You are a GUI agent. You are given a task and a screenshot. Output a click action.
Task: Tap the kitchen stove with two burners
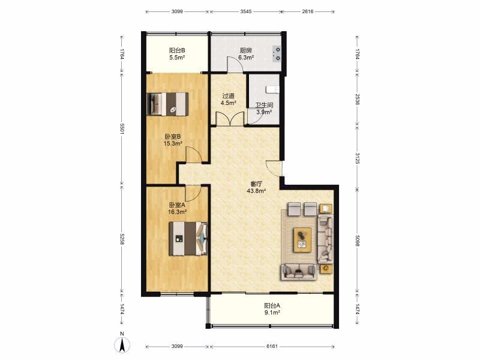[x=277, y=53]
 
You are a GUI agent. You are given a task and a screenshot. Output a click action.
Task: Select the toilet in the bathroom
[x=272, y=89]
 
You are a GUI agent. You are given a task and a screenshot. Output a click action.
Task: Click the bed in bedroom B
[x=167, y=104]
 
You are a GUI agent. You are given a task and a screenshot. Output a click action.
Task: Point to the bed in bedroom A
[x=188, y=238]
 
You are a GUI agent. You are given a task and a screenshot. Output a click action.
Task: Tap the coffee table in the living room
[x=302, y=239]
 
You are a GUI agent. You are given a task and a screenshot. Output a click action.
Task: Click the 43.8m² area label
[x=256, y=191]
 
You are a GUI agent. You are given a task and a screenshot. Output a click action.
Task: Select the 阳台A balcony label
[x=272, y=305]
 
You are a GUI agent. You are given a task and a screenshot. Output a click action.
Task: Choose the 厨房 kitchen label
[x=245, y=50]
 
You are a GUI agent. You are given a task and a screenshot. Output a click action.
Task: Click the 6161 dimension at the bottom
[x=272, y=346]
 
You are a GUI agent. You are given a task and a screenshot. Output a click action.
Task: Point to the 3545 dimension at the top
[x=246, y=11]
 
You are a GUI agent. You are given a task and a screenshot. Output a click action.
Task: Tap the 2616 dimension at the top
[x=308, y=11]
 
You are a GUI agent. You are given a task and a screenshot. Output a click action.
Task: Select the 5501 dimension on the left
[x=122, y=129]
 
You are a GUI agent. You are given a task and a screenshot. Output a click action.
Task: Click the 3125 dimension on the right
[x=357, y=158]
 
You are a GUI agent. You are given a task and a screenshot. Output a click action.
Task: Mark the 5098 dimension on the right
[x=357, y=241]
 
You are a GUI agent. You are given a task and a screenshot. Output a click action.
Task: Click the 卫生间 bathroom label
[x=265, y=106]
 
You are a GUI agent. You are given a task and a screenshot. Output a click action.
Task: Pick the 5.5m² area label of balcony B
[x=177, y=57]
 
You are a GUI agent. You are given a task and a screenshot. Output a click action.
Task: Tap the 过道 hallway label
[x=229, y=96]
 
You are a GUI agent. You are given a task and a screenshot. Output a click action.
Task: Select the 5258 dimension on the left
[x=122, y=239]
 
